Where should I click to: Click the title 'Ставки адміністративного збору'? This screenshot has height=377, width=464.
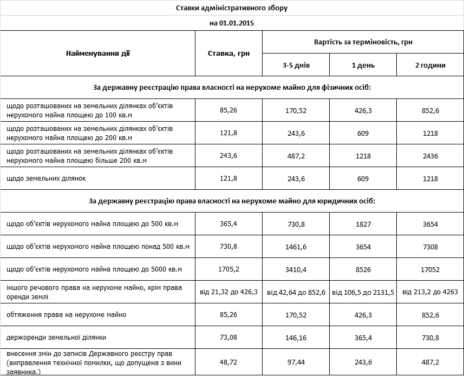232,8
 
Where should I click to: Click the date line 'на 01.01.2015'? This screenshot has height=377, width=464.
232,23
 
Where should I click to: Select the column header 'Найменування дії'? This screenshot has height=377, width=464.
98,53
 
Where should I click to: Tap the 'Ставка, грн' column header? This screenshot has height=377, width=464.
228,53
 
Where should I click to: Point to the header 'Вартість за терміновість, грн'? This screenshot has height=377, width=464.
363,42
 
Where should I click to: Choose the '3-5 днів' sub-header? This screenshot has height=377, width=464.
296,65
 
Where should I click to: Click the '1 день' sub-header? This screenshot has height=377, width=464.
363,65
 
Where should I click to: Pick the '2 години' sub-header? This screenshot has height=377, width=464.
430,65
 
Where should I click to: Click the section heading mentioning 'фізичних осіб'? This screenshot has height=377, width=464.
232,87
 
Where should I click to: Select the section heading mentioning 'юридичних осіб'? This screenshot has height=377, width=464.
232,201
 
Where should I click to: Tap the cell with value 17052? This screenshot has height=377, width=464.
430,269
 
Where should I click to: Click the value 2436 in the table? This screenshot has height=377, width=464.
430,156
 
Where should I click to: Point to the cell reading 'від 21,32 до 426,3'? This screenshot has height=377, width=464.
228,292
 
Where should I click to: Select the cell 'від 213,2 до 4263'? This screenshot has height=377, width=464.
430,292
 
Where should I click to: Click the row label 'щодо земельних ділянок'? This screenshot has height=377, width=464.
46,178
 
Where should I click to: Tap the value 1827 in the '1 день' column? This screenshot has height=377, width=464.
363,224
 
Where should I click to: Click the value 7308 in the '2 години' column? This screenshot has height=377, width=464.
430,247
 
